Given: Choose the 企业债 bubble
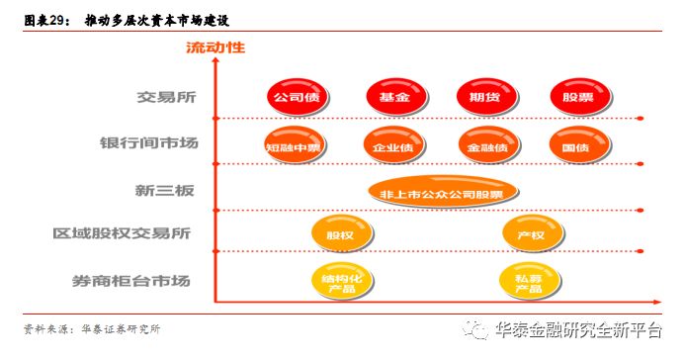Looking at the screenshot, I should coord(390,146).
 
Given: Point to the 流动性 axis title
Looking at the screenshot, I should coord(215,46).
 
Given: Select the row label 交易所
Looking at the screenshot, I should coord(168,99).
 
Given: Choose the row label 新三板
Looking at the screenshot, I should coord(167,189).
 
